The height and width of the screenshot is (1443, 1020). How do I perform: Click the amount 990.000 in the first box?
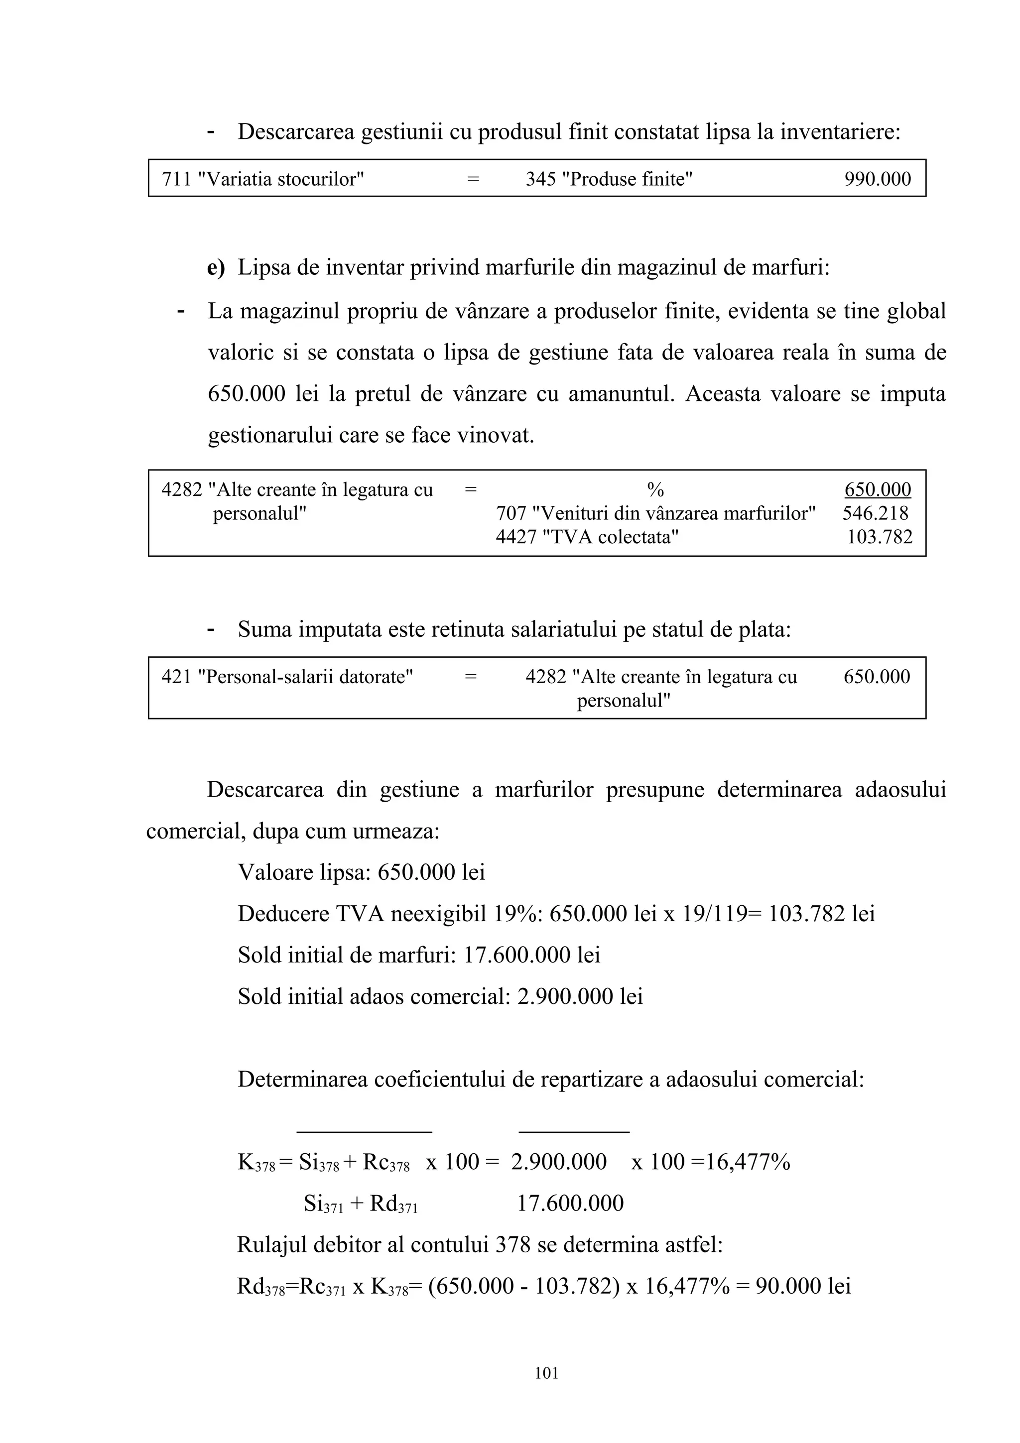click(877, 179)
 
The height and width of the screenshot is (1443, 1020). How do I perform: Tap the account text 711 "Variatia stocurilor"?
click(262, 179)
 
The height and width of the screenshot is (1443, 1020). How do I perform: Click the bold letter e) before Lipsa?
click(216, 268)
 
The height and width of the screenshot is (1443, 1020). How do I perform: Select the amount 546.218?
click(875, 513)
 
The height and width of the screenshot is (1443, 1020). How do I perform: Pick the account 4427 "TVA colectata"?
click(587, 537)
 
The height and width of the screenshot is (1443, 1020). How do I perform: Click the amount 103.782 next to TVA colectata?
click(879, 537)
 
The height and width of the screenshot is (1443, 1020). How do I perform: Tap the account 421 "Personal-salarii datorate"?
click(287, 677)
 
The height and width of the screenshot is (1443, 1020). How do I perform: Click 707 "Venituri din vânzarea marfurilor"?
click(655, 513)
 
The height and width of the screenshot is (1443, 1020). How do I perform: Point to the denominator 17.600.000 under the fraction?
click(570, 1203)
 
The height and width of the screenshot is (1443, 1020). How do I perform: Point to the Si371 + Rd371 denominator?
click(360, 1204)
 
